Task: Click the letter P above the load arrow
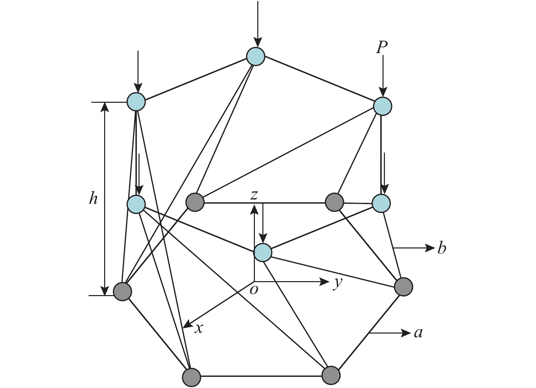[x=382, y=48]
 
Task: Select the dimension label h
[x=93, y=198]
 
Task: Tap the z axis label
[x=254, y=195]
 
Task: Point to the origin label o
[x=254, y=290]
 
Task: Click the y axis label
[x=337, y=283]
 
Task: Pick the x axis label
[x=199, y=328]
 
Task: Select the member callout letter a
[x=418, y=333]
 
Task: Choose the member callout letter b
[x=441, y=248]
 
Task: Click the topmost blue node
[x=256, y=56]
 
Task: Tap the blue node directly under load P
[x=383, y=106]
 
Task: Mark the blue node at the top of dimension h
[x=136, y=101]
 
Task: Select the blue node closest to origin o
[x=263, y=253]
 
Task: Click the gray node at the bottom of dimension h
[x=122, y=292]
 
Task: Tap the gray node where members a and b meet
[x=404, y=287]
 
